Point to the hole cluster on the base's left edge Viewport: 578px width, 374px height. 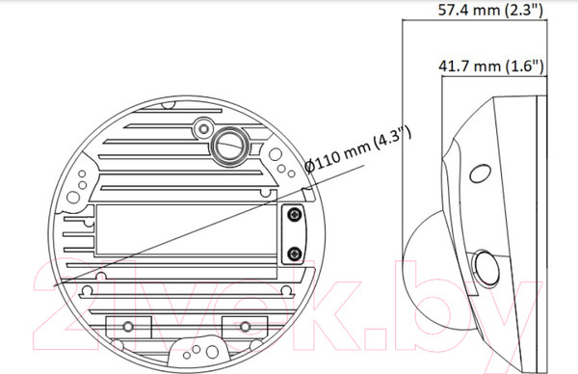pyautogui.click(x=84, y=183)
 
